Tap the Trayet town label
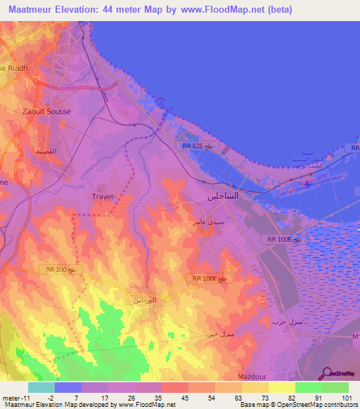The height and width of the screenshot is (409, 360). pos(104,197)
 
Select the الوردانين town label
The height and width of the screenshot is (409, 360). pos(145,300)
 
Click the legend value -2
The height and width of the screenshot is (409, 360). pos(41,397)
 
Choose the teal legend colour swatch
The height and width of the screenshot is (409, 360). pos(41,387)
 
